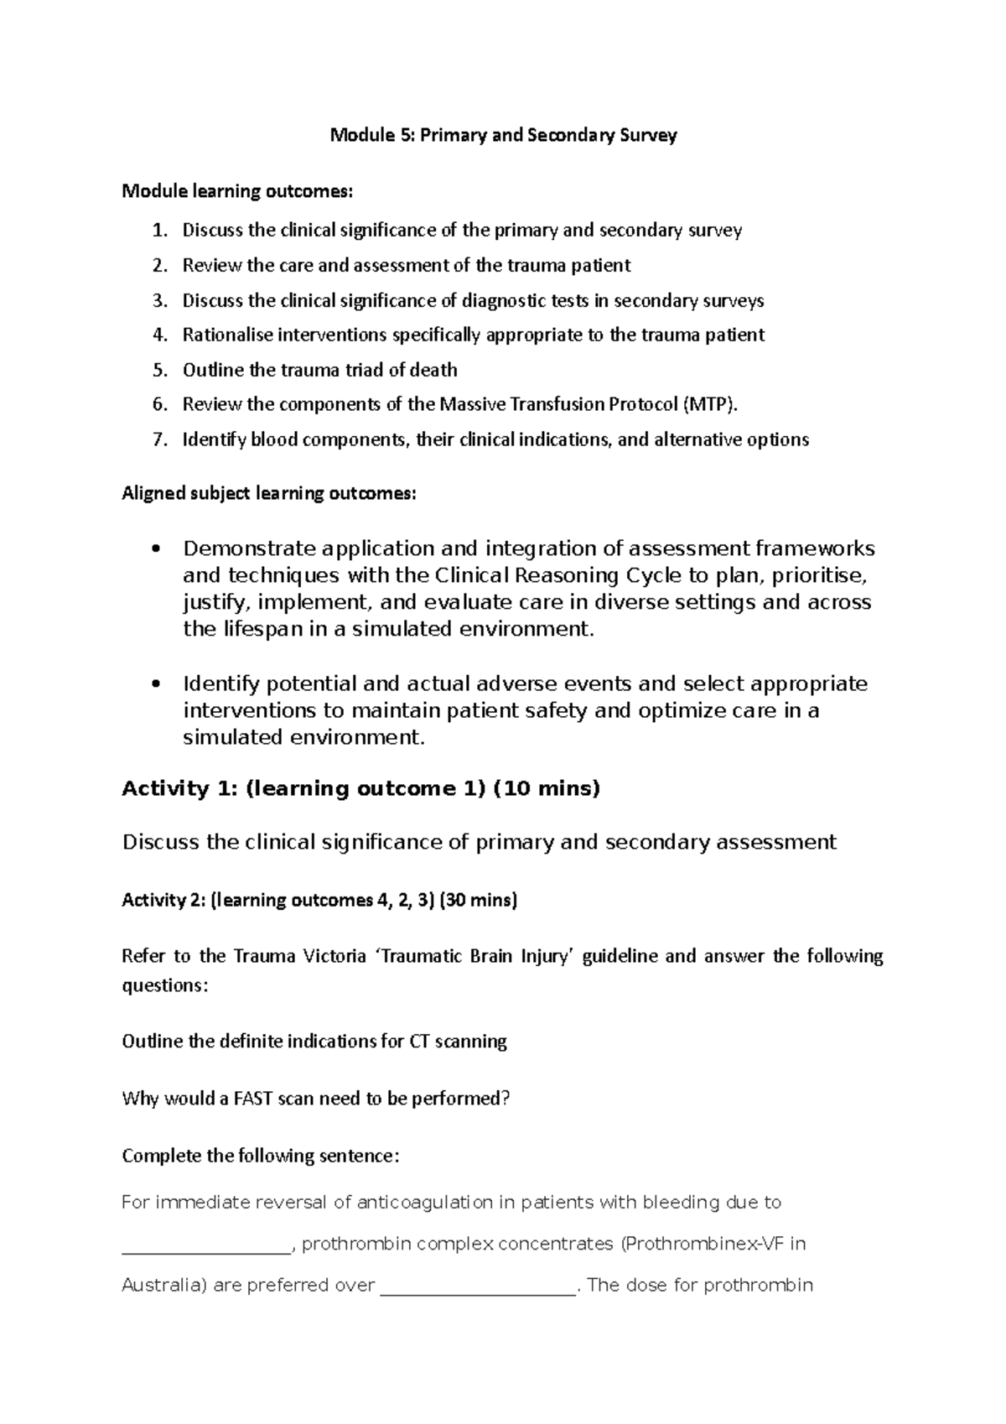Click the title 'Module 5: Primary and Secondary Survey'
pos(503,135)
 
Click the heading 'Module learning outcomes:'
pos(237,192)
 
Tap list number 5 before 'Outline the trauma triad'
pos(160,370)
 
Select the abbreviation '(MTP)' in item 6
pos(712,405)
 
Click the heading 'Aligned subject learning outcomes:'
pos(268,493)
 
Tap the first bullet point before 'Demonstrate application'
pos(153,549)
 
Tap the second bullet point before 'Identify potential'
pos(153,684)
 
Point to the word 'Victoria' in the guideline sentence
pos(327,957)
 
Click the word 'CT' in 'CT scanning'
pos(419,1042)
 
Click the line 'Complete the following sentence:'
pos(261,1156)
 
